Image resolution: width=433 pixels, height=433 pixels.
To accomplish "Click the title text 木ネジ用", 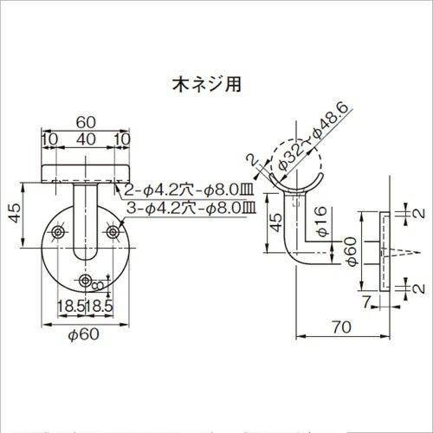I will point(204,85).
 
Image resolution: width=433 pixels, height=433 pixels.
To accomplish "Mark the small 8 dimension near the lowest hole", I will point(100,285).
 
